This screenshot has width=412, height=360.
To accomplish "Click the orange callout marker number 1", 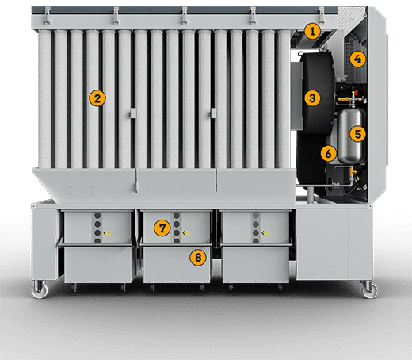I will pyautogui.click(x=313, y=32).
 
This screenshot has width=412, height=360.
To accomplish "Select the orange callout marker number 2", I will pyautogui.click(x=97, y=98).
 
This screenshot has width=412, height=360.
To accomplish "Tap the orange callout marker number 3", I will pyautogui.click(x=313, y=98).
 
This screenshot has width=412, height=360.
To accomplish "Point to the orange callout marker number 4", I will pyautogui.click(x=358, y=59).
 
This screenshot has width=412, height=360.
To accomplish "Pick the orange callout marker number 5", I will pyautogui.click(x=358, y=134).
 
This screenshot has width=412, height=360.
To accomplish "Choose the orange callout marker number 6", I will pyautogui.click(x=326, y=152).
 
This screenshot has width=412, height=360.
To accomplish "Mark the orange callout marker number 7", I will pyautogui.click(x=162, y=228).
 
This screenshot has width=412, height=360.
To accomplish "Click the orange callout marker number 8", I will pyautogui.click(x=196, y=256).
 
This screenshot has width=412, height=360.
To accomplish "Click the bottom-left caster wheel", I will pyautogui.click(x=38, y=292).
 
